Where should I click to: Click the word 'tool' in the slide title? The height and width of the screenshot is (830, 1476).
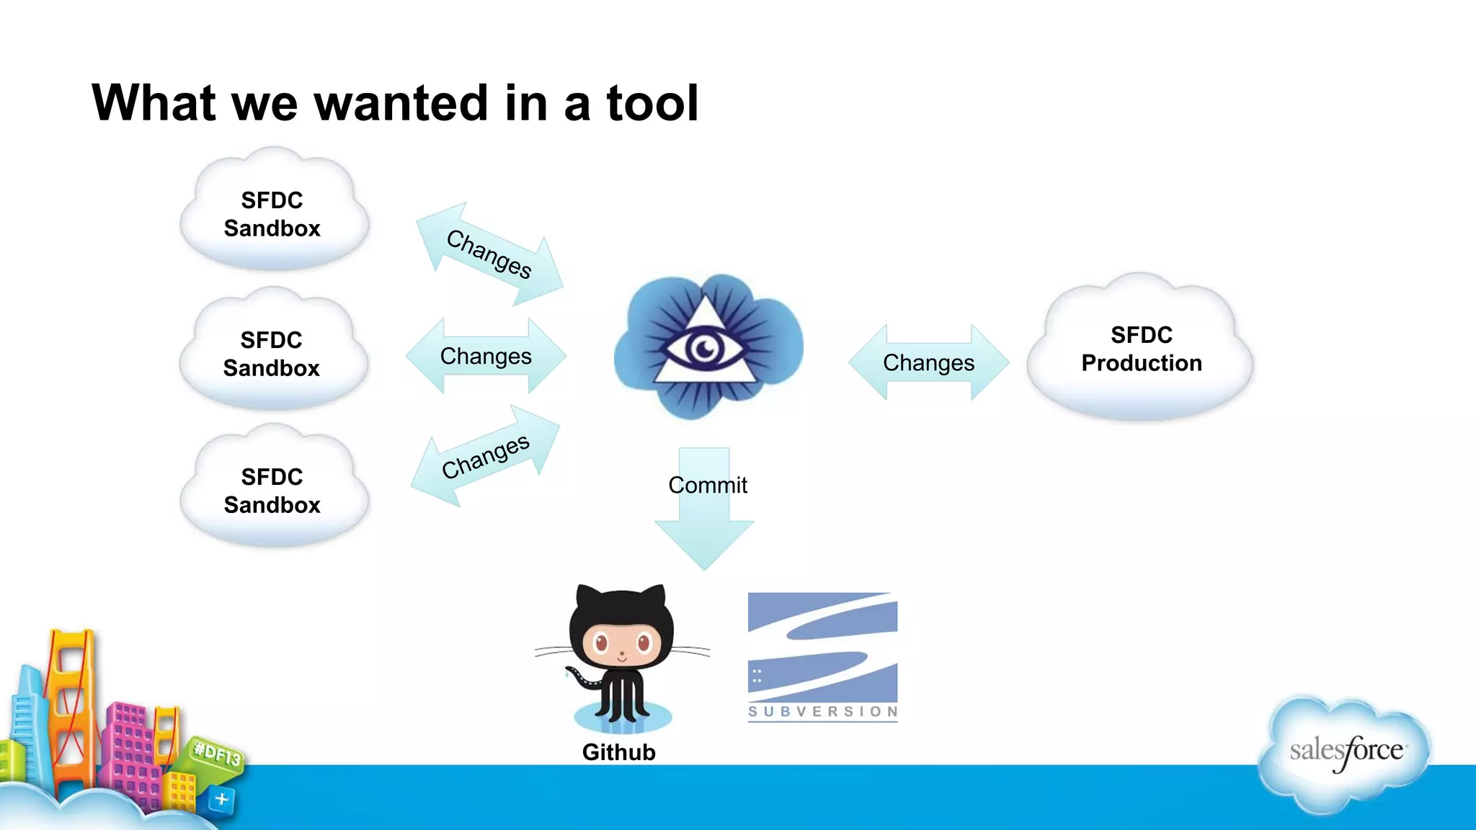pyautogui.click(x=652, y=103)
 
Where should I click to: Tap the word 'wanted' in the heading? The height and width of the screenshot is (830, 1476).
pyautogui.click(x=401, y=103)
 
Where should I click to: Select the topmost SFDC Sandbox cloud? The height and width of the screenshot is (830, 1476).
pyautogui.click(x=273, y=213)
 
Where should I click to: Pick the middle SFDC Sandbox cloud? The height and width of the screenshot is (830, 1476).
pyautogui.click(x=272, y=352)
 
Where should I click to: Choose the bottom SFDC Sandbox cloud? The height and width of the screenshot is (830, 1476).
pyautogui.click(x=273, y=489)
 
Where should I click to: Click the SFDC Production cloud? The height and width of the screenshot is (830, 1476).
pyautogui.click(x=1141, y=349)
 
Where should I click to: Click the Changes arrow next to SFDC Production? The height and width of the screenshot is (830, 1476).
pyautogui.click(x=928, y=362)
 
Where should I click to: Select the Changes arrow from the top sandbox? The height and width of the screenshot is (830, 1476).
pyautogui.click(x=489, y=254)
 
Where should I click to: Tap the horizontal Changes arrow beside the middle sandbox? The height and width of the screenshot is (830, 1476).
pyautogui.click(x=486, y=356)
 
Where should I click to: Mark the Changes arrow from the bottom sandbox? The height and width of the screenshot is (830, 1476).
pyautogui.click(x=485, y=456)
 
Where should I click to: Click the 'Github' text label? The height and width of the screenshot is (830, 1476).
pyautogui.click(x=618, y=752)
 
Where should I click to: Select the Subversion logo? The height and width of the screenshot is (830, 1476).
pyautogui.click(x=822, y=656)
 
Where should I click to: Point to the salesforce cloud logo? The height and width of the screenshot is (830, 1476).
pyautogui.click(x=1345, y=753)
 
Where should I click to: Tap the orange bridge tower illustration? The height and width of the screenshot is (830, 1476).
pyautogui.click(x=71, y=692)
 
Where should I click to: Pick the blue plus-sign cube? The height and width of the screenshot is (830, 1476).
pyautogui.click(x=221, y=799)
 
